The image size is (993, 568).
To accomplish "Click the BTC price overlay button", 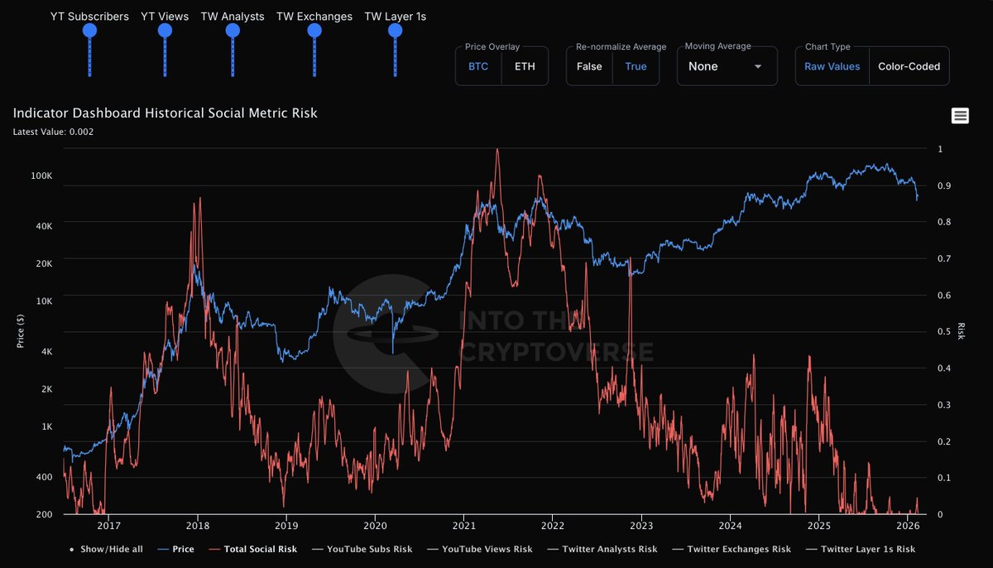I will (x=478, y=66).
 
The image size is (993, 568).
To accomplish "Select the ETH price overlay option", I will (x=525, y=66).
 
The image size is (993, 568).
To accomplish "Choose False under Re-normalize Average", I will (x=589, y=66).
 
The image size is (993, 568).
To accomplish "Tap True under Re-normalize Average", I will (x=636, y=66).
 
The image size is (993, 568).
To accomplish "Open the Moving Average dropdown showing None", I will (x=727, y=66).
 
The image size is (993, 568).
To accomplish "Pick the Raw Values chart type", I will (x=832, y=66).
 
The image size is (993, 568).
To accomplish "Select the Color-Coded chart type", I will (x=909, y=66).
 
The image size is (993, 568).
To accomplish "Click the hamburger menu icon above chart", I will (x=960, y=116).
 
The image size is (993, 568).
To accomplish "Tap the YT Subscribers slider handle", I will (x=89, y=31).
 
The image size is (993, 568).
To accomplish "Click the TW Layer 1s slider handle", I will (x=395, y=31).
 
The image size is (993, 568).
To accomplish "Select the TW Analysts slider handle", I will (x=232, y=31).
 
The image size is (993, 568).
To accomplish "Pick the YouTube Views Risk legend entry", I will (x=487, y=549).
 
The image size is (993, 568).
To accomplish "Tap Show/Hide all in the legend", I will (x=110, y=549).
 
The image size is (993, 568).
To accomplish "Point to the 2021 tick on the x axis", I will (x=464, y=525).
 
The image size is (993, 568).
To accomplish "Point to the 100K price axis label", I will (x=41, y=176).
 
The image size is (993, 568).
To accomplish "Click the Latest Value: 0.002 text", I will (x=53, y=131).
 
